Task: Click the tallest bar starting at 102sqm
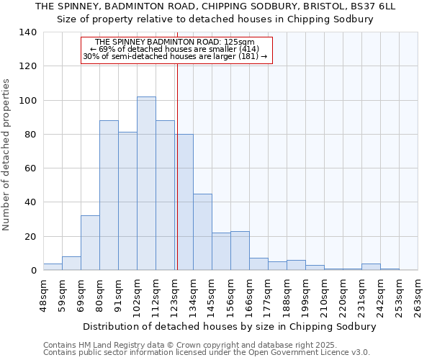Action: point(146,184)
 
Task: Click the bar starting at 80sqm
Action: point(109,195)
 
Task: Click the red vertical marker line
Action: point(176,166)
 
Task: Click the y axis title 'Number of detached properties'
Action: point(6,154)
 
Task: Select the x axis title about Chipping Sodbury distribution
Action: point(230,326)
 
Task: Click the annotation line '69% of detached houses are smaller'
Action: point(176,49)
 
